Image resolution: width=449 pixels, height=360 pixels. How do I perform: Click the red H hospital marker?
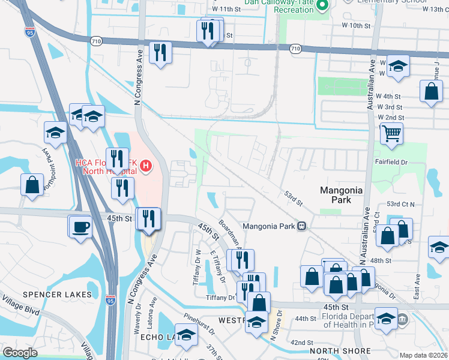[146, 166]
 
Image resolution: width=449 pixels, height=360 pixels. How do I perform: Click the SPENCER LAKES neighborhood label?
[57, 295]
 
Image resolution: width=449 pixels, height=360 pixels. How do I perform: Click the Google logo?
[20, 353]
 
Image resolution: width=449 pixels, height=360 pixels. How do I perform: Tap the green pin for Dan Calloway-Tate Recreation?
[322, 5]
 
